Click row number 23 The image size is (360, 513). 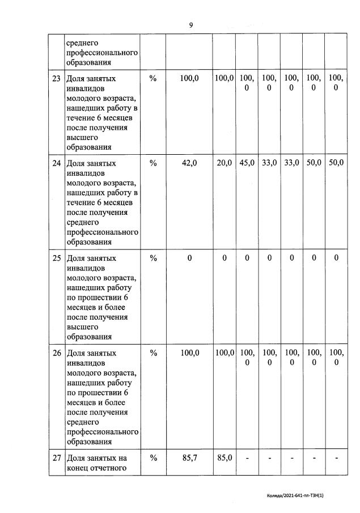click(x=56, y=78)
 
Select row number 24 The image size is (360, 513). click(x=56, y=163)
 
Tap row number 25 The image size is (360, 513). click(x=56, y=258)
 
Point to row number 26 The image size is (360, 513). click(x=56, y=353)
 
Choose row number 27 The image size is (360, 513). click(x=56, y=457)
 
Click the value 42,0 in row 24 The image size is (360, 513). click(x=189, y=163)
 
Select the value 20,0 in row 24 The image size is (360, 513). click(x=224, y=163)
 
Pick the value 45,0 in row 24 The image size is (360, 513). click(x=247, y=163)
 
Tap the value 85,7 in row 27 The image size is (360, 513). click(x=189, y=457)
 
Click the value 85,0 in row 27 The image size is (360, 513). click(x=224, y=457)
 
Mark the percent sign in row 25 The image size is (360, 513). click(x=153, y=258)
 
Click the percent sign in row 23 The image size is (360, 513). click(x=153, y=78)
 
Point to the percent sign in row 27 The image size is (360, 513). click(x=153, y=457)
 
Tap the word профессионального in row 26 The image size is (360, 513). click(x=103, y=432)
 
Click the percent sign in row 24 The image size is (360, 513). click(x=153, y=163)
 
